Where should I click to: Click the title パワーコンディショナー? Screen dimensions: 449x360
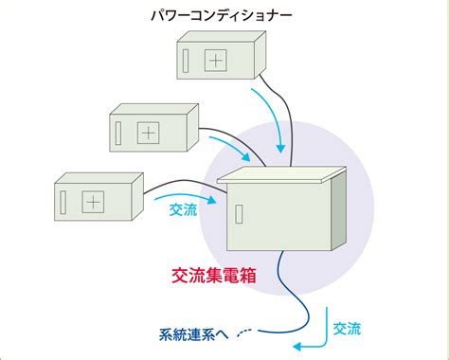pos(222,15)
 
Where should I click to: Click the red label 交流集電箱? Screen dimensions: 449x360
pos(214,276)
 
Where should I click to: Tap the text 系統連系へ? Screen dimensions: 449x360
pos(193,334)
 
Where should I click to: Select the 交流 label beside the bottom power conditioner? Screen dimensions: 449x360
pos(184,209)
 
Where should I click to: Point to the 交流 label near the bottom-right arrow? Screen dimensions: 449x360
pos(347,329)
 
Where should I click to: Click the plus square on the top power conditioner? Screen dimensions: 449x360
pos(216,61)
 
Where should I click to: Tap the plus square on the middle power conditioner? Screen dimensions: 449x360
pos(148,133)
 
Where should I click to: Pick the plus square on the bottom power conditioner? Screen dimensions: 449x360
pos(93,202)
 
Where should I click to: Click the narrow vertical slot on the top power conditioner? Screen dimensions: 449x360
pos(186,61)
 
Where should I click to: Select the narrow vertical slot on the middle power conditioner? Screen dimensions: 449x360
pos(118,134)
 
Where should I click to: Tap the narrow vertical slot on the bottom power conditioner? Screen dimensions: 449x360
pos(63,202)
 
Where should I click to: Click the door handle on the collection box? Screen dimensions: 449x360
pos(239,214)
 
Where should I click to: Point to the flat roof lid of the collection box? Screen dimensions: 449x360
pos(281,174)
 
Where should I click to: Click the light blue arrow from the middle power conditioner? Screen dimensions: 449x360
pos(234,146)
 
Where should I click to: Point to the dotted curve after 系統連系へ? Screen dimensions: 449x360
pos(243,333)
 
